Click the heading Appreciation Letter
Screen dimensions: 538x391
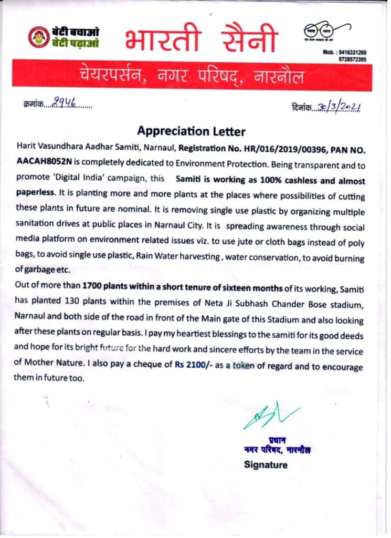(191, 131)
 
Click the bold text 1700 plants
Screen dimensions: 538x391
(104, 287)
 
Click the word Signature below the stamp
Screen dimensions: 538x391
(266, 464)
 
